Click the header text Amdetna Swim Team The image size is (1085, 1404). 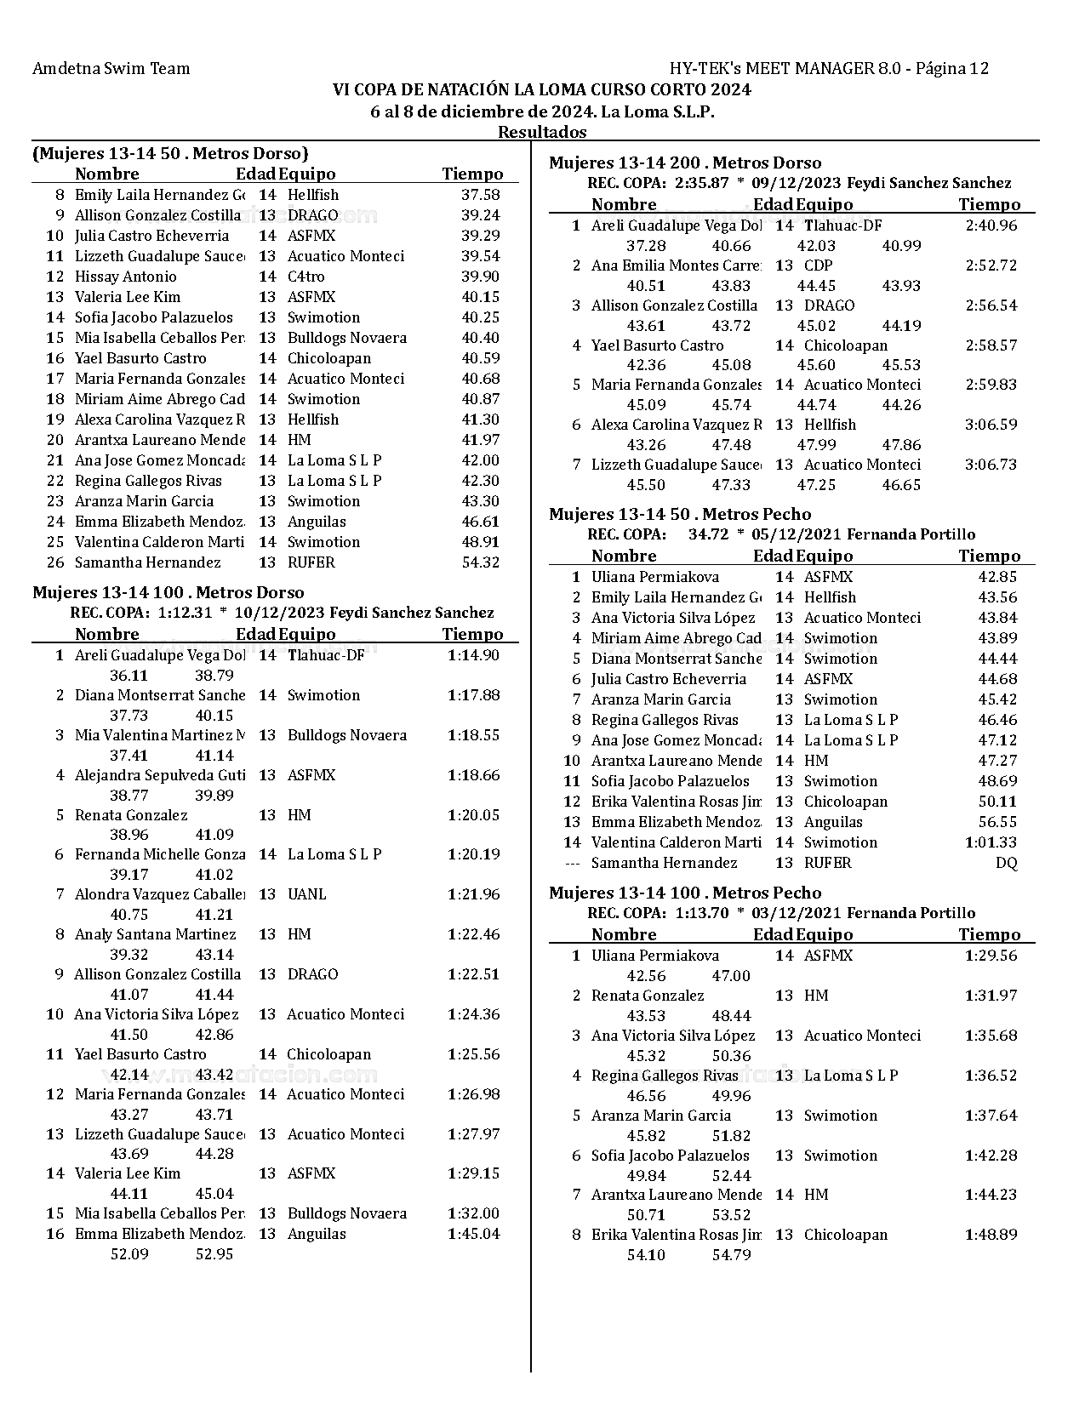tap(111, 69)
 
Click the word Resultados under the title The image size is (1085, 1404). tap(542, 132)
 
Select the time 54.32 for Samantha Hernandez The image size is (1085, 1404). tap(480, 562)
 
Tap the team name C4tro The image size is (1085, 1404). tap(306, 277)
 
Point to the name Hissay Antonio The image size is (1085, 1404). tap(125, 277)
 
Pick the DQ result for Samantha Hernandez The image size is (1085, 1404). tap(1006, 863)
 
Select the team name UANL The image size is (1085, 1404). tap(306, 894)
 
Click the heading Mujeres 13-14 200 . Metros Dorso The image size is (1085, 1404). tap(684, 163)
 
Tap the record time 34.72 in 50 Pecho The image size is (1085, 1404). tap(708, 534)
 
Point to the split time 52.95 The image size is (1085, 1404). tap(214, 1254)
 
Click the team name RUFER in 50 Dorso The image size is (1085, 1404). tap(311, 562)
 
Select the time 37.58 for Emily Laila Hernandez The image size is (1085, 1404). tap(480, 195)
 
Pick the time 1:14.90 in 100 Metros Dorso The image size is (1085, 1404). tap(473, 655)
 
